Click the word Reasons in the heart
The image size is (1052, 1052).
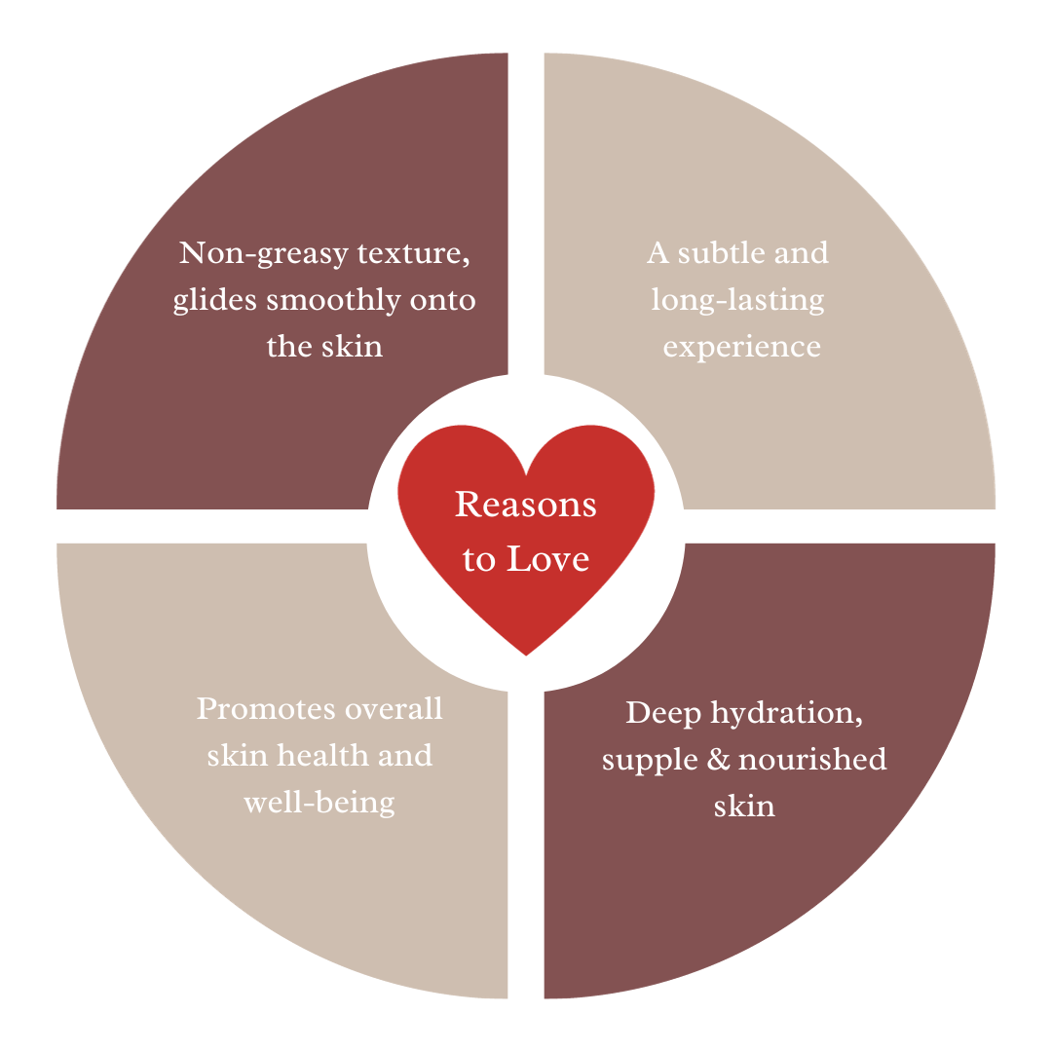pyautogui.click(x=526, y=505)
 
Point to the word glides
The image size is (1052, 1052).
pyautogui.click(x=215, y=301)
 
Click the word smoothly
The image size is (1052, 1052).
pyautogui.click(x=332, y=301)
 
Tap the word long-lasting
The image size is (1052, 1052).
pyautogui.click(x=737, y=300)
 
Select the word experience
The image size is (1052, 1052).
pyautogui.click(x=742, y=348)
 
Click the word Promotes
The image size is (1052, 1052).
pyautogui.click(x=257, y=708)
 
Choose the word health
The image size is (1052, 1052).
pyautogui.click(x=311, y=755)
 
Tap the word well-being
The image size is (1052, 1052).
pyautogui.click(x=319, y=803)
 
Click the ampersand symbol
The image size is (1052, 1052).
pyautogui.click(x=719, y=760)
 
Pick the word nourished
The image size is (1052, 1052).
pyautogui.click(x=812, y=760)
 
